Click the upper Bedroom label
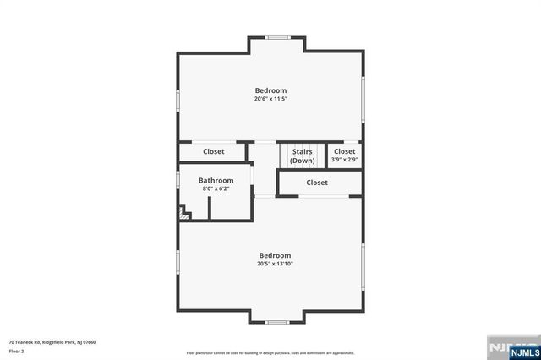coord(270,90)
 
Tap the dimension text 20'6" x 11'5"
coord(270,99)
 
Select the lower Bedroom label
coord(275,255)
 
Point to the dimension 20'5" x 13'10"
coord(275,264)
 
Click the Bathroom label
coord(216,180)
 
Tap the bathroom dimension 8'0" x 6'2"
coord(216,188)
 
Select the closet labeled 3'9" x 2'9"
coord(344,159)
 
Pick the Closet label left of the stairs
coord(213,152)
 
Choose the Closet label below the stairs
coord(317,183)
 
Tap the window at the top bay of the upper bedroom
coord(276,37)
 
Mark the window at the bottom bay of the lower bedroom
coord(276,322)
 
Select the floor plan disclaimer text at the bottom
coord(270,353)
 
